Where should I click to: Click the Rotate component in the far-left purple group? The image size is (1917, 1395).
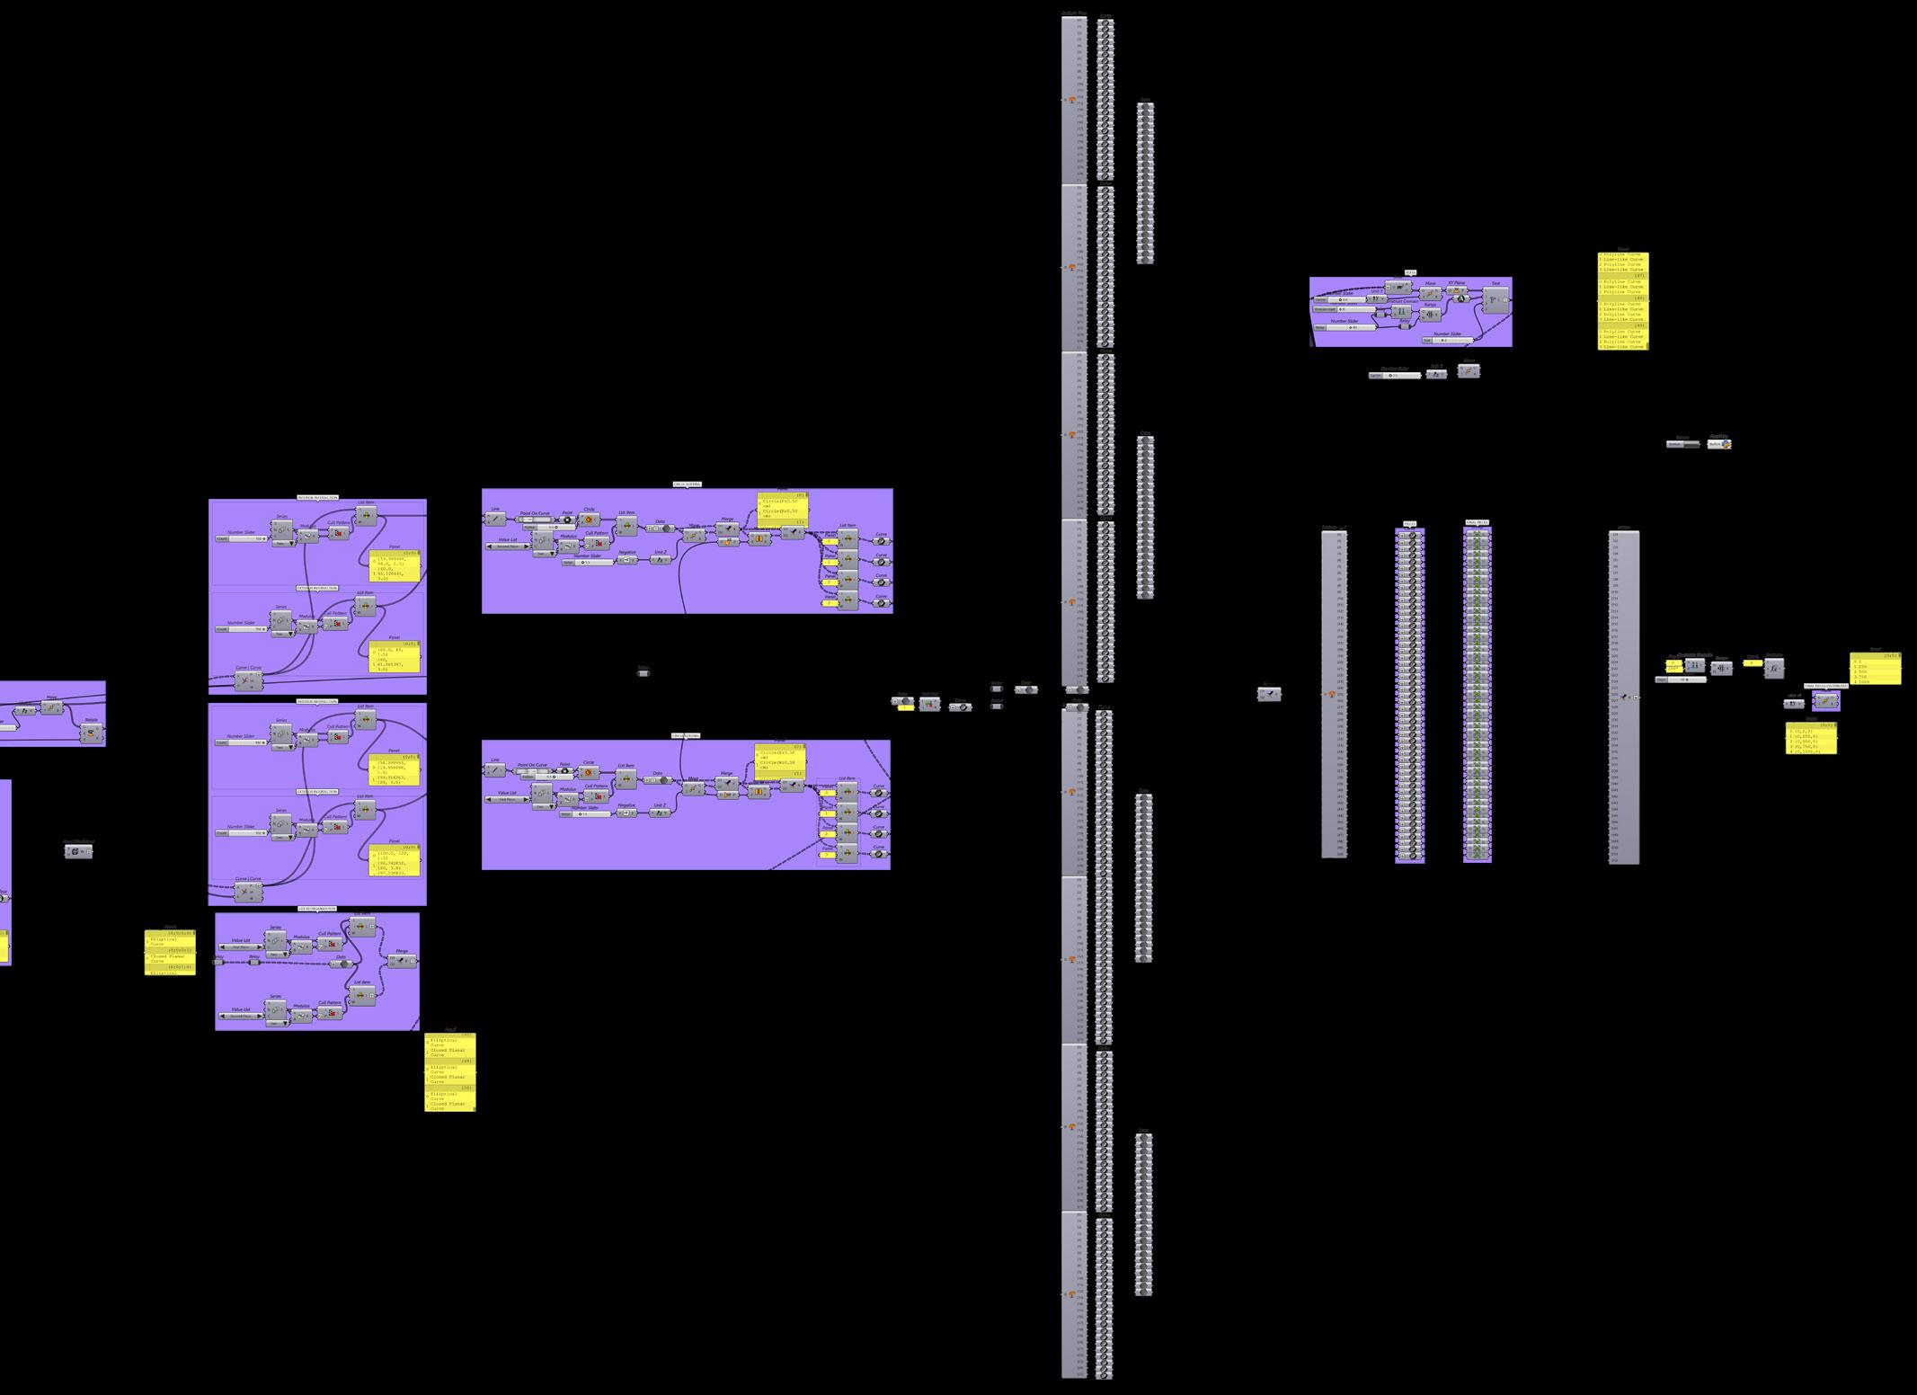point(91,733)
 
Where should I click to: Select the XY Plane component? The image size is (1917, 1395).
point(1456,291)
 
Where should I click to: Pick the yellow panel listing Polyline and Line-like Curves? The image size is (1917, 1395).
point(1623,301)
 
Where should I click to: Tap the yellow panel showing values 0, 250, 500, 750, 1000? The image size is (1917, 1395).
point(1875,670)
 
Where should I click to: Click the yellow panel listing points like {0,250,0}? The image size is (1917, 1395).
point(1811,739)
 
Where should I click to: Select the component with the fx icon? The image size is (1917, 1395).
point(1773,669)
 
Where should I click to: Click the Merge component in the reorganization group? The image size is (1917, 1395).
point(401,961)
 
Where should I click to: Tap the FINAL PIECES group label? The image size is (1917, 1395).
point(1477,522)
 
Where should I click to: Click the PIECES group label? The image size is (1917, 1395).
point(1409,523)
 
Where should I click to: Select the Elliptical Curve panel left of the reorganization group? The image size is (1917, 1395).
point(170,953)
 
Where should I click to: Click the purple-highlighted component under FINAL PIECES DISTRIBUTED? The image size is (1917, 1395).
point(1825,702)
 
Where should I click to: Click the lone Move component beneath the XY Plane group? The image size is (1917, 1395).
point(1468,370)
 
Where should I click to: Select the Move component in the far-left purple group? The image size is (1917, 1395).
point(51,707)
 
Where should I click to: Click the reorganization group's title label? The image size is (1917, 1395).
point(316,909)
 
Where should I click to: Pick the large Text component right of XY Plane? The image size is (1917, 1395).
point(1495,300)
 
